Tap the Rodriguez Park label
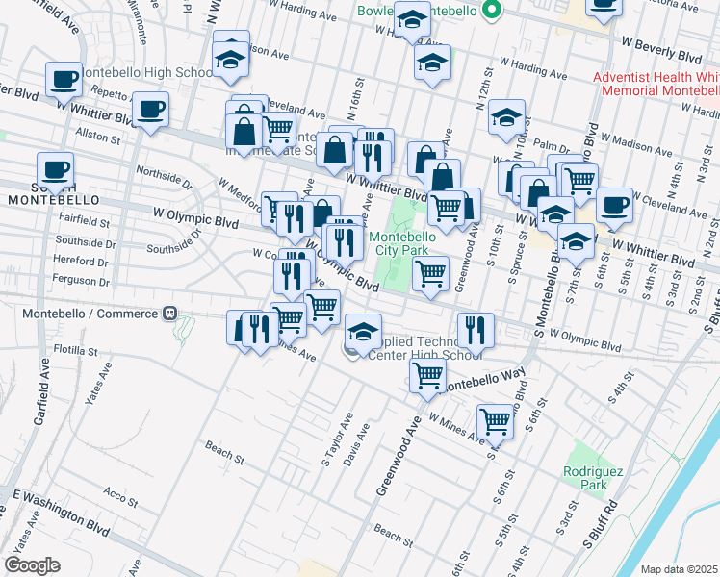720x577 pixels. [x=586, y=478]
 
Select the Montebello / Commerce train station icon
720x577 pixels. [x=169, y=314]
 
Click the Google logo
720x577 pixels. [x=32, y=564]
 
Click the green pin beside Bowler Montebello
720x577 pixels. [x=493, y=11]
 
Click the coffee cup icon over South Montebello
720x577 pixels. [x=56, y=169]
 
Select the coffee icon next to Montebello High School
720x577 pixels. [x=64, y=79]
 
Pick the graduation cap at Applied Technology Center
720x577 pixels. [x=362, y=331]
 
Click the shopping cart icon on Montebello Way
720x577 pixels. [x=427, y=375]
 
